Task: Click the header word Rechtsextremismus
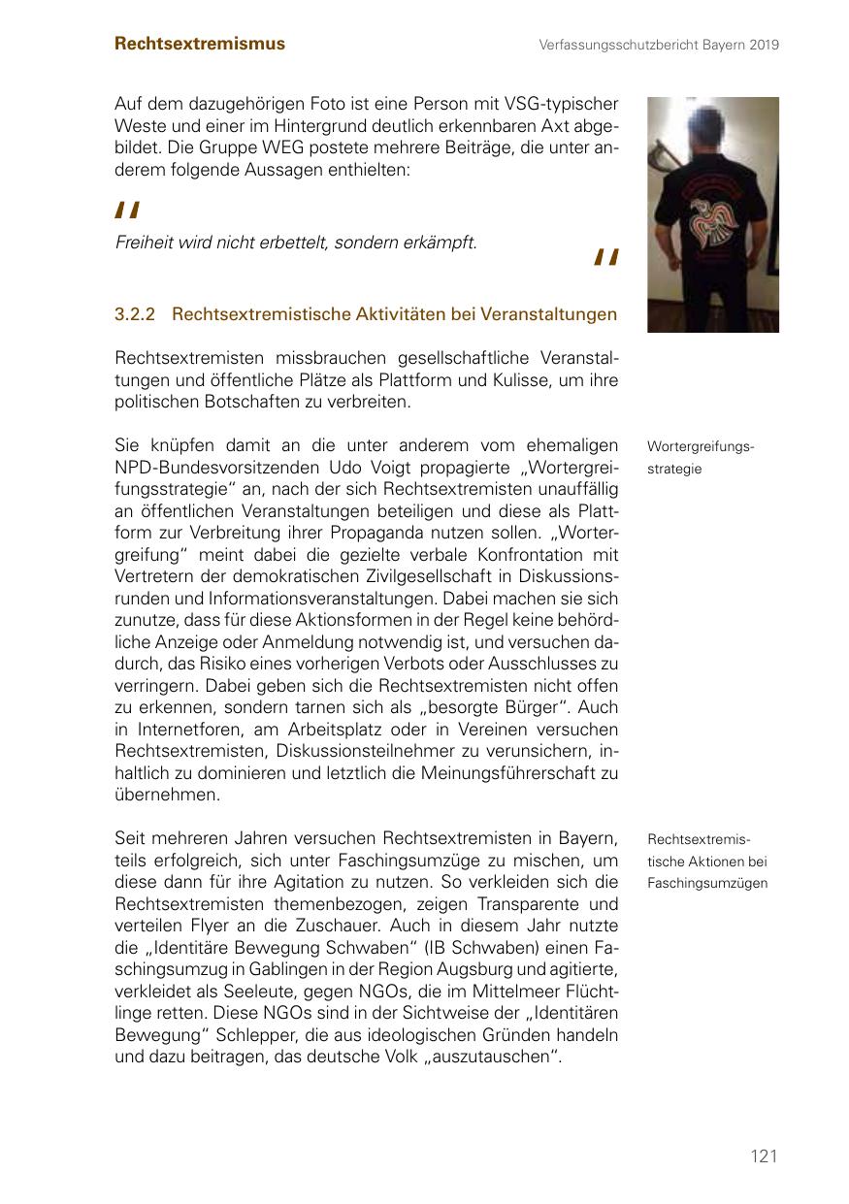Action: (x=200, y=44)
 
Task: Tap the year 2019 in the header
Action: (x=764, y=45)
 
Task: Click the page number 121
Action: (x=764, y=1155)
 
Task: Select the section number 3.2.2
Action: (x=136, y=314)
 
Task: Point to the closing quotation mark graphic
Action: (x=605, y=257)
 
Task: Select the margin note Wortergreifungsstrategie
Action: (x=700, y=457)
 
